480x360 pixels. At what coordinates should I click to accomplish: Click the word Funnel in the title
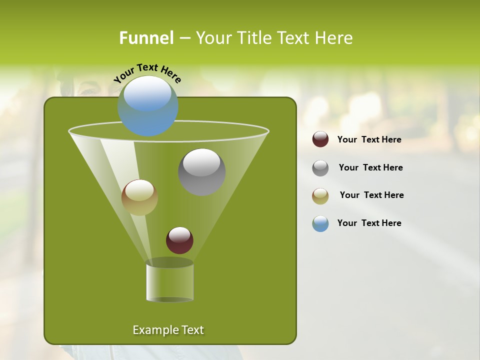pos(146,38)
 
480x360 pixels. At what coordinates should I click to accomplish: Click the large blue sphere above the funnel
pos(148,106)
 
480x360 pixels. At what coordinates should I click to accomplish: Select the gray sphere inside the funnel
pos(201,172)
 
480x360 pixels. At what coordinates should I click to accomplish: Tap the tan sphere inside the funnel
pos(139,197)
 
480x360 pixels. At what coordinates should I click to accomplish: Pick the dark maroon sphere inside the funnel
pos(179,240)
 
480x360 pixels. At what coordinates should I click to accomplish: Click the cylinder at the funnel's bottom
pos(169,281)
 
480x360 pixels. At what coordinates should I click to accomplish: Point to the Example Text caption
pos(168,330)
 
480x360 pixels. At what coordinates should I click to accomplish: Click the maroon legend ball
pos(320,139)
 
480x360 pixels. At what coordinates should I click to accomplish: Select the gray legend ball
pos(320,168)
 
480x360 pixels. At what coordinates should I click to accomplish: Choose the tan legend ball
pos(320,196)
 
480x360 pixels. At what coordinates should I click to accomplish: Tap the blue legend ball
pos(320,223)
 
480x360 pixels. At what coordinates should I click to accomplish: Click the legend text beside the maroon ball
pos(369,140)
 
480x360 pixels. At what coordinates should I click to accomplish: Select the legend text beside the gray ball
pos(370,168)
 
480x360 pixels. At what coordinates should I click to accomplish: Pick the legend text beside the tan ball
pos(371,195)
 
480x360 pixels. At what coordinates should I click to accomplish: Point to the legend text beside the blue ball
pos(369,223)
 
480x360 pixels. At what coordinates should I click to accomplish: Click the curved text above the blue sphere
pos(147,73)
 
